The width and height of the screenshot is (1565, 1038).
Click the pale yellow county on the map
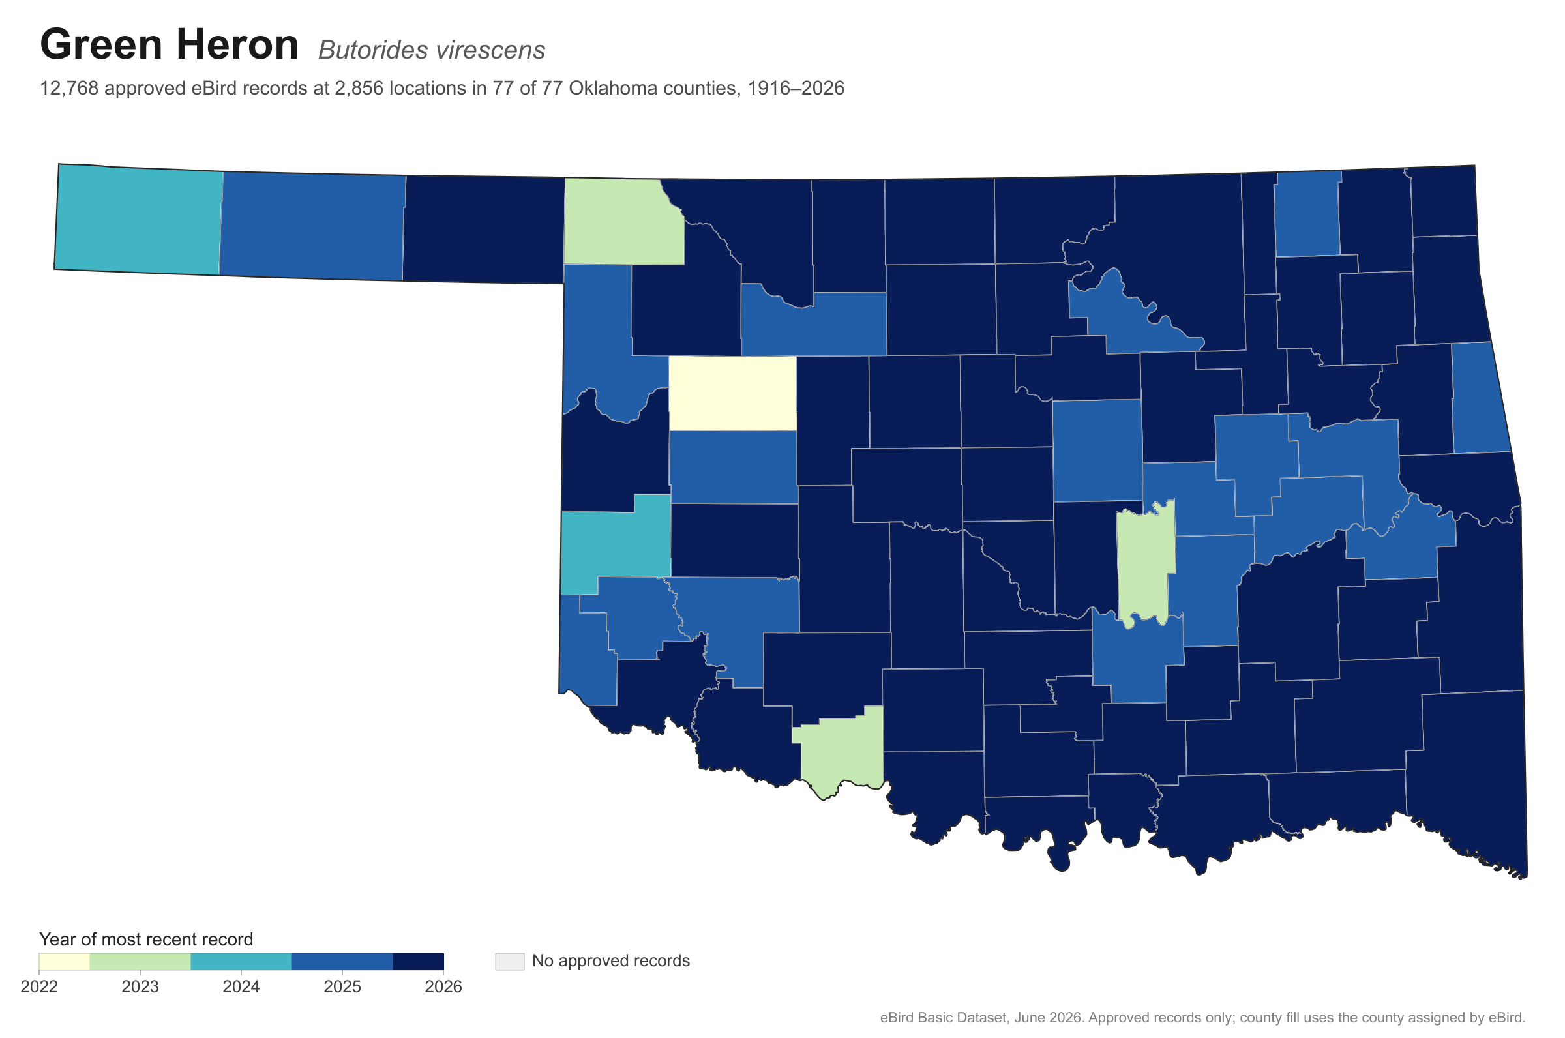[732, 393]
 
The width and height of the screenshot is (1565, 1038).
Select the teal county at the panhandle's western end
[138, 220]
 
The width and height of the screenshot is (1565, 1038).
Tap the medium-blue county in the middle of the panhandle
[312, 226]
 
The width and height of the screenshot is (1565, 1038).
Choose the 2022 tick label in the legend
[39, 987]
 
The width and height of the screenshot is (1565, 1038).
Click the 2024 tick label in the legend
[241, 987]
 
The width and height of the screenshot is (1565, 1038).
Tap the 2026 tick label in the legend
[443, 987]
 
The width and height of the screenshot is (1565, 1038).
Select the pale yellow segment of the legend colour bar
[64, 962]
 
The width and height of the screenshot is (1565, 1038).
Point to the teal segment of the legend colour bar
[241, 962]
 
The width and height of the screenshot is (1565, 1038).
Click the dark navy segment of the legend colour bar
[418, 962]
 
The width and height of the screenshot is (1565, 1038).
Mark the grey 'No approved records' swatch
[509, 961]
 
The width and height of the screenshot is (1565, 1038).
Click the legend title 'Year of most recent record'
[145, 940]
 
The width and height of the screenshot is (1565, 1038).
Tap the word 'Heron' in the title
[236, 44]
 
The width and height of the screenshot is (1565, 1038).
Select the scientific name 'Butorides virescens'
[432, 50]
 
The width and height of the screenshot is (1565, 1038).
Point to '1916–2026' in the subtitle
[796, 89]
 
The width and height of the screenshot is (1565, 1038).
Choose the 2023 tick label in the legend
[140, 987]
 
